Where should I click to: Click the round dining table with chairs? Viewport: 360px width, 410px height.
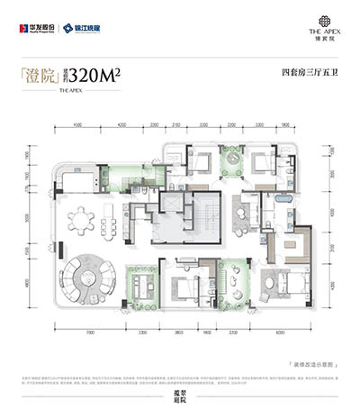[x=88, y=220]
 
